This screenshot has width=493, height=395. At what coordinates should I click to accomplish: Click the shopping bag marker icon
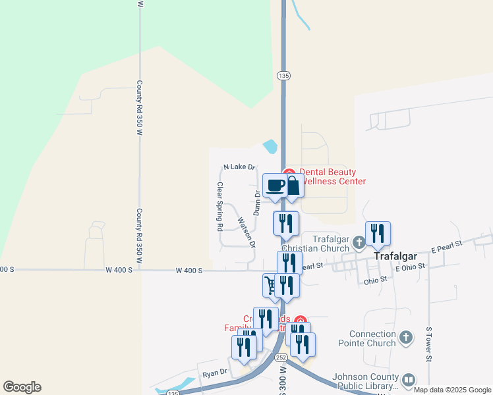(x=293, y=185)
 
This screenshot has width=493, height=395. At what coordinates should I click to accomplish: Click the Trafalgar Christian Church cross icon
(x=359, y=242)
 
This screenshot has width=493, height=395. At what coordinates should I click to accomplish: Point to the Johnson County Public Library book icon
(x=409, y=380)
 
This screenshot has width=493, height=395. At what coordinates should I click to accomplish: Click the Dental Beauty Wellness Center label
(x=332, y=176)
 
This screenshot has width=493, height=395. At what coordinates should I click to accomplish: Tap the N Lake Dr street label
(x=239, y=167)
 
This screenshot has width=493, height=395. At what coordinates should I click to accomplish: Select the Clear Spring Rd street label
(x=220, y=206)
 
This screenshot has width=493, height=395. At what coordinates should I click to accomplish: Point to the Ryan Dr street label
(x=215, y=373)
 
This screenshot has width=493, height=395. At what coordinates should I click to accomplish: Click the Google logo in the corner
(x=22, y=387)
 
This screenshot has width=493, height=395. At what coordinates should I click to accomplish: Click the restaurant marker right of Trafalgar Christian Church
(x=378, y=234)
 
